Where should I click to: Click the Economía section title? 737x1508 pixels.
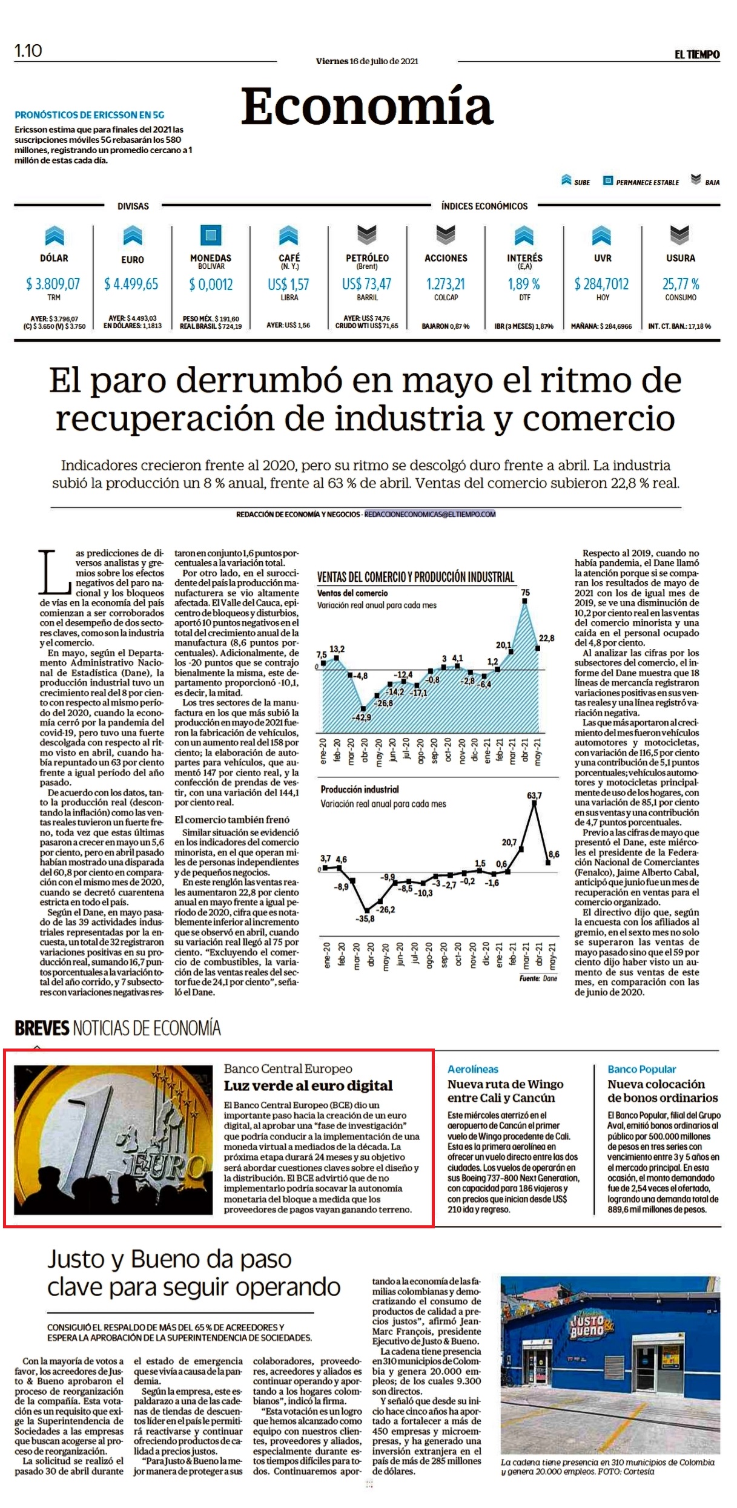click(367, 107)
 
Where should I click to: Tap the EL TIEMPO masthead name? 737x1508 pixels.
click(697, 54)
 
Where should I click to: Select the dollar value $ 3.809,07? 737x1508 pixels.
click(53, 284)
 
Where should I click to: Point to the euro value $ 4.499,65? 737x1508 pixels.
click(131, 284)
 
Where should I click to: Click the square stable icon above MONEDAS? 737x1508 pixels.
click(211, 235)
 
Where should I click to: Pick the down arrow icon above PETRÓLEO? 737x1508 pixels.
click(367, 234)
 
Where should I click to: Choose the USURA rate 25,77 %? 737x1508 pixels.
click(681, 284)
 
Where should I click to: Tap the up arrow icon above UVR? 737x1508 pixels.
click(602, 235)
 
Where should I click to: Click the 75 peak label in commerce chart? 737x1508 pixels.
click(525, 593)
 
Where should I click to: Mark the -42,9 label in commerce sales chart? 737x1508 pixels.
click(362, 717)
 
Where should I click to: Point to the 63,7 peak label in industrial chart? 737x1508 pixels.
click(535, 795)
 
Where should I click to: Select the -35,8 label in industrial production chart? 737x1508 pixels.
click(365, 918)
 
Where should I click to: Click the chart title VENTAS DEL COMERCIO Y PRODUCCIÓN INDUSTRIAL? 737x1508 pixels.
click(415, 577)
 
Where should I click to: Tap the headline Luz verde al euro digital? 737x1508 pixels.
click(308, 1085)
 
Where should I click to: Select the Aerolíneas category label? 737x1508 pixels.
click(473, 1069)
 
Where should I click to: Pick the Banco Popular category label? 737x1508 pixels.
click(642, 1069)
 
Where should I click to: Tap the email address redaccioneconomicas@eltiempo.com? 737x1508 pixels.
click(430, 514)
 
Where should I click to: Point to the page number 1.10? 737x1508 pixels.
click(28, 51)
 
